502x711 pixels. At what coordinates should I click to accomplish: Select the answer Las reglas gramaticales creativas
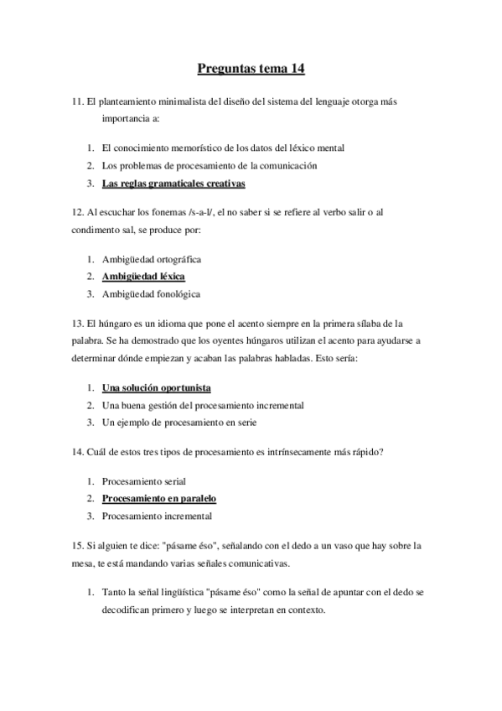[x=173, y=183]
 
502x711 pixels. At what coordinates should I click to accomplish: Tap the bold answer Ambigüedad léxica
[x=143, y=276]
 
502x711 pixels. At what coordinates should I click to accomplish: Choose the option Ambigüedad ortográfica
[x=151, y=259]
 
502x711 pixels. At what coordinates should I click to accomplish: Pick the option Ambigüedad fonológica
[x=151, y=293]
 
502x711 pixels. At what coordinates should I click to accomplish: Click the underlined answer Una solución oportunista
[x=156, y=387]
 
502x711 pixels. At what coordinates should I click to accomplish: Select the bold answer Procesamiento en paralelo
[x=158, y=498]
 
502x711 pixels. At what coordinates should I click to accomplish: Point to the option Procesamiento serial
[x=143, y=481]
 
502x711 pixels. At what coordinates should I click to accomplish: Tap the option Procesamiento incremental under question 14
[x=157, y=516]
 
